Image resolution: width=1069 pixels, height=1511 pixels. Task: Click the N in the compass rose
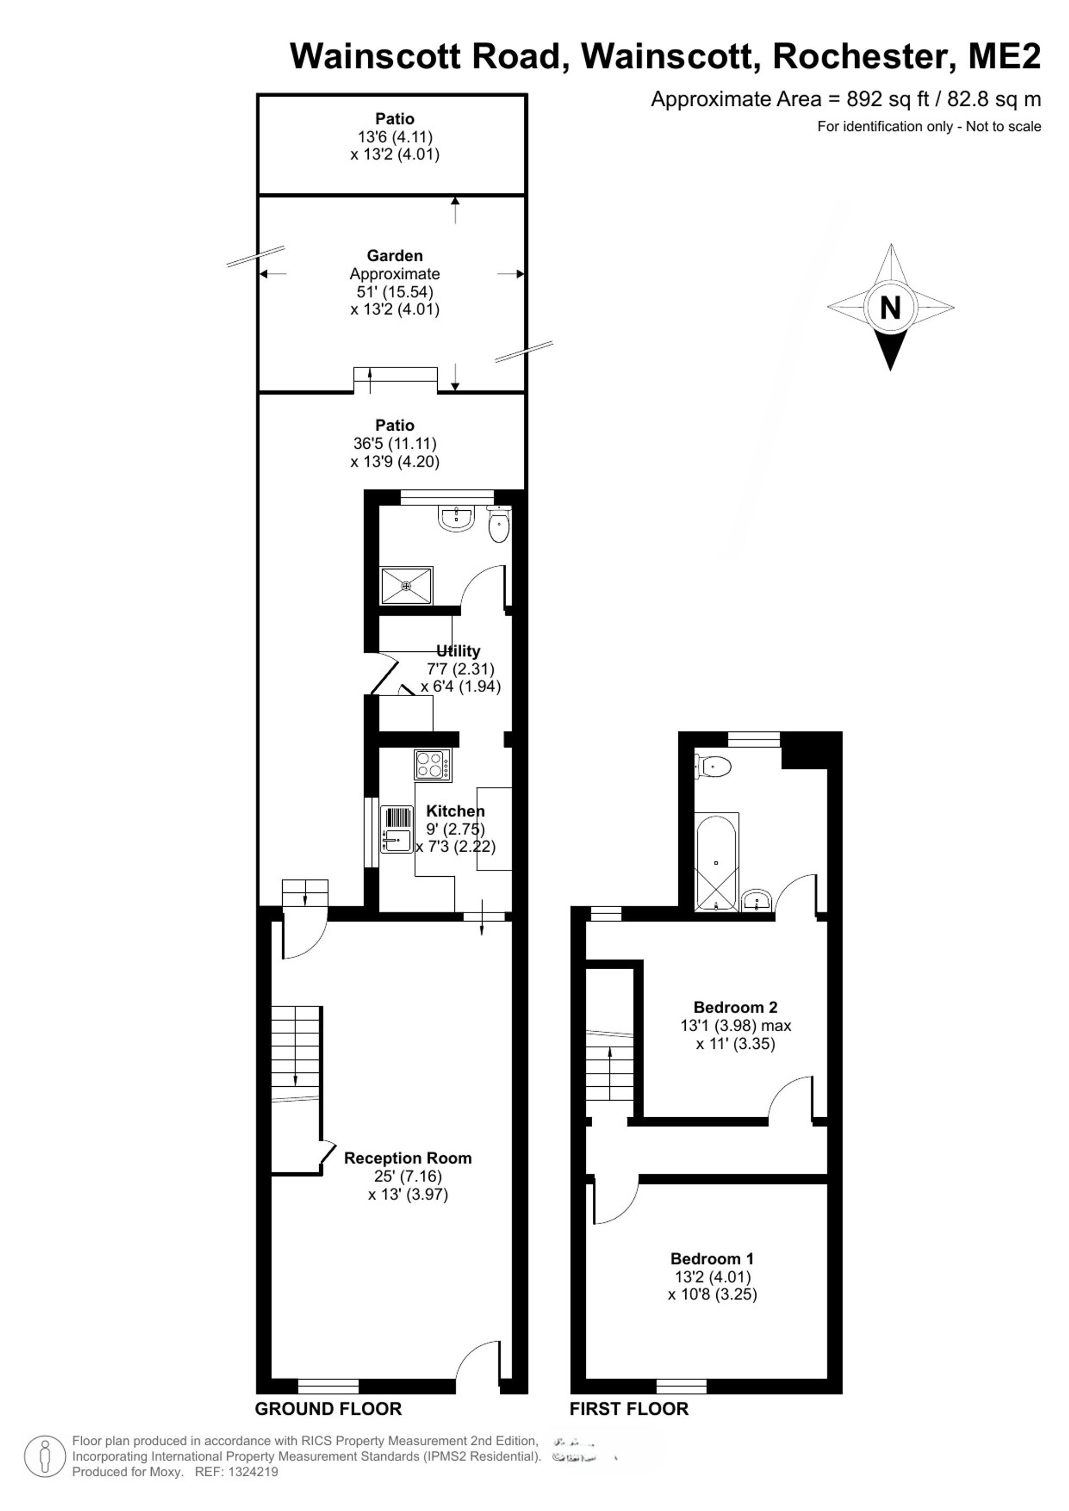point(890,307)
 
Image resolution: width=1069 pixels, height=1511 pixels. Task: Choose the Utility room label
point(458,651)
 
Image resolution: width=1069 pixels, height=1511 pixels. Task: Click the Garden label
point(395,255)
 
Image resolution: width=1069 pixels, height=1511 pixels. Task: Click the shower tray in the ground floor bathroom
point(407,585)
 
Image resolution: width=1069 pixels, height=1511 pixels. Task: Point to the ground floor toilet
point(499,524)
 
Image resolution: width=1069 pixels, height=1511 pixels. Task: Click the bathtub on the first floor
point(717,862)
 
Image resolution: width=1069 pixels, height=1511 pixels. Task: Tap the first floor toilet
point(713,767)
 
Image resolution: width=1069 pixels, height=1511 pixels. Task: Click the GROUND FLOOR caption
point(328,1408)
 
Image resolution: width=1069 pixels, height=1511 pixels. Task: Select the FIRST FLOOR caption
point(629,1408)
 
